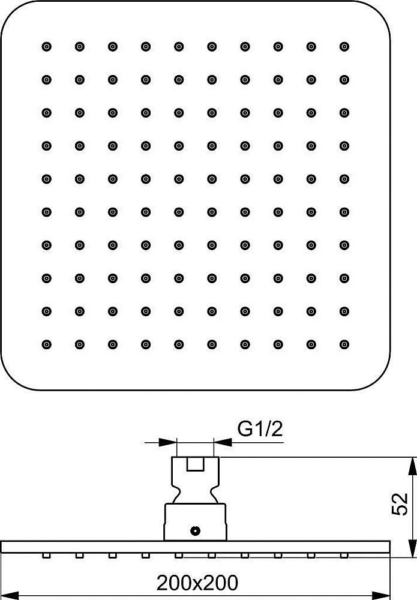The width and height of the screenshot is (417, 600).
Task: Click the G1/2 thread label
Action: (x=260, y=429)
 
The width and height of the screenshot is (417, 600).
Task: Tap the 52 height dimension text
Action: (x=400, y=504)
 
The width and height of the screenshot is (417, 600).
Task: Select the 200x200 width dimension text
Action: (x=197, y=583)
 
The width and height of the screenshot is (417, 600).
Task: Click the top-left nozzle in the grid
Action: (x=46, y=47)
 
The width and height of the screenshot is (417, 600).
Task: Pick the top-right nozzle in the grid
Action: (x=344, y=47)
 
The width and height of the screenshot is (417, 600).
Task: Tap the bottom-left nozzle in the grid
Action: (x=46, y=344)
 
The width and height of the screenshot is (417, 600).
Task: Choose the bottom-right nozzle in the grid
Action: (x=344, y=344)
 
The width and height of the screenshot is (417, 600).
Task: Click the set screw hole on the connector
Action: (x=195, y=531)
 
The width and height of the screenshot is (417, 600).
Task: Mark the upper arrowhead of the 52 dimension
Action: (x=413, y=466)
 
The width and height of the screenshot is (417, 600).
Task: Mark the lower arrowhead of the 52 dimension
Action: (x=413, y=548)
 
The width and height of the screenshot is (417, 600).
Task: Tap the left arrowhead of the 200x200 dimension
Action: (x=10, y=595)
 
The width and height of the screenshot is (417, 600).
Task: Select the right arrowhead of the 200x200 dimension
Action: (x=381, y=595)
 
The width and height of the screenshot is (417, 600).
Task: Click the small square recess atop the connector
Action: (x=195, y=464)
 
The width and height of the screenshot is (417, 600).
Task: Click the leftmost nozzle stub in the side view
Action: (x=46, y=555)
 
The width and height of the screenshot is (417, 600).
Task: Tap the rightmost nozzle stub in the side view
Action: (x=344, y=555)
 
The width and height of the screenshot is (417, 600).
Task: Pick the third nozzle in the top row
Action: (x=112, y=47)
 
